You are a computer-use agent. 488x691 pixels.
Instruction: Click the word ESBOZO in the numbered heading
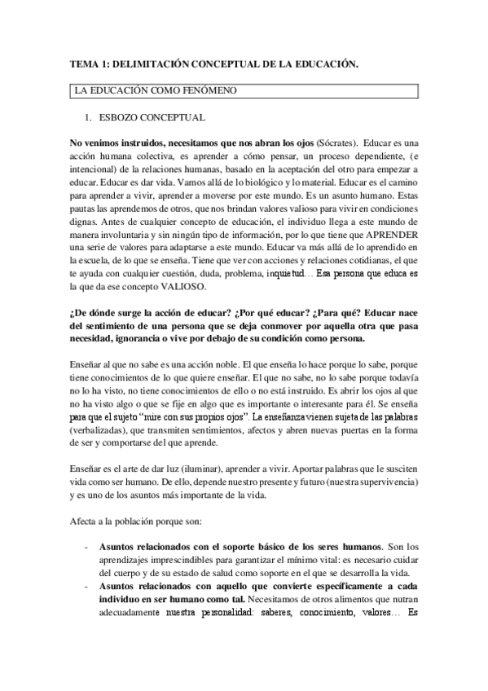(124, 118)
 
